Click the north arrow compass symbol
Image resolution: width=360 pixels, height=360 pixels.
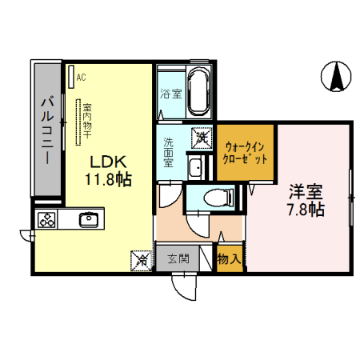(337, 76)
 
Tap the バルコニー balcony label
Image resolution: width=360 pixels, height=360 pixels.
(47, 128)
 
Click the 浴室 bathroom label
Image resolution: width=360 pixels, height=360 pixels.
(170, 93)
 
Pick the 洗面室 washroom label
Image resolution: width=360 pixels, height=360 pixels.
(169, 152)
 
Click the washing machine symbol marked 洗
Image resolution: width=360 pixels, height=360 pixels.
(202, 138)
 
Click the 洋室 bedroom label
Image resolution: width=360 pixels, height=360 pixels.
(306, 192)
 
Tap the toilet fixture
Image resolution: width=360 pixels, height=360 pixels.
(215, 198)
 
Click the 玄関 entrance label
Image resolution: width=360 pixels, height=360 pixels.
(178, 258)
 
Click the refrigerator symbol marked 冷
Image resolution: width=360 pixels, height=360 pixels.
(141, 258)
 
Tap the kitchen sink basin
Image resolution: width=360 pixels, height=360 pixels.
(88, 219)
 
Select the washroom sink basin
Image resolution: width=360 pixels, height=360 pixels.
(194, 168)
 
